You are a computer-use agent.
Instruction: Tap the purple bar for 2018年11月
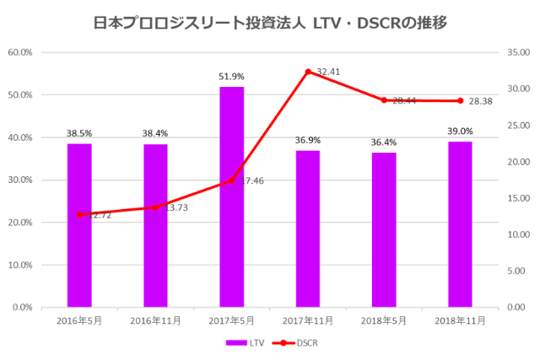(460, 224)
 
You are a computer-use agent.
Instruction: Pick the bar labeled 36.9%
(308, 228)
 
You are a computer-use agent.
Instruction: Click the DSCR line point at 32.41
(308, 72)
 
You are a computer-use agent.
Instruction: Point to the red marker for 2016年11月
(155, 207)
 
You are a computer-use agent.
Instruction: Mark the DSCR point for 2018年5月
(384, 100)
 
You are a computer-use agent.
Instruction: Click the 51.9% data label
(231, 77)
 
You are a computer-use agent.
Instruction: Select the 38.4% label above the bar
(155, 134)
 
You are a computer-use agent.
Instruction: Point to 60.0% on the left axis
(19, 52)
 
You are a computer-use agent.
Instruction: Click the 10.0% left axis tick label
(19, 265)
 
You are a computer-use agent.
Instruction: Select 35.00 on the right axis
(517, 52)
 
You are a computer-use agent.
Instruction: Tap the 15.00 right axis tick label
(517, 198)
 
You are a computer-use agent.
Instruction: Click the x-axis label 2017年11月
(308, 320)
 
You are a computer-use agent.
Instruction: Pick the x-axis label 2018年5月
(384, 320)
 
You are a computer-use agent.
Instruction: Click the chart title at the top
(270, 23)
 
